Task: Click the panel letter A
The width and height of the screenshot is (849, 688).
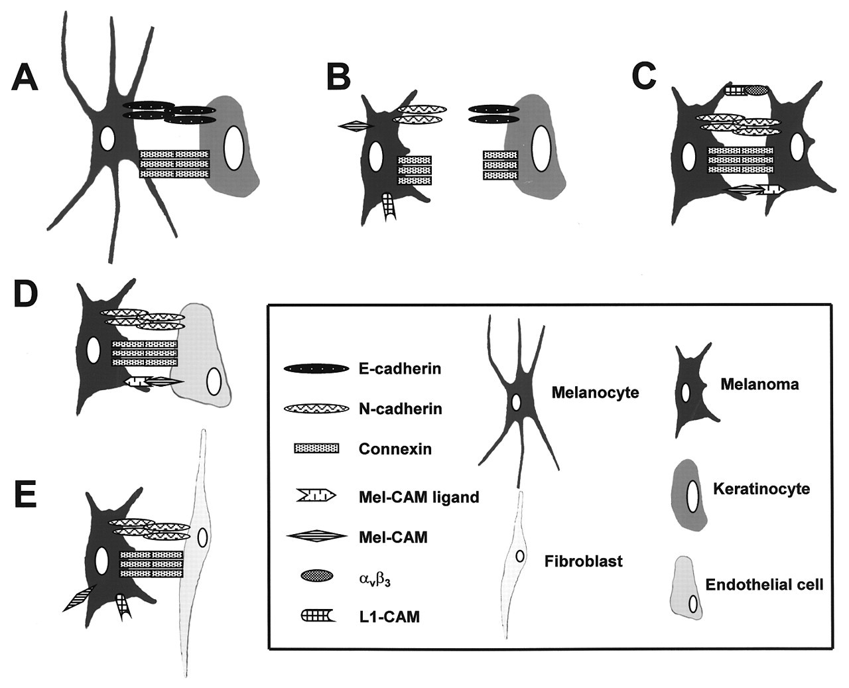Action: (25, 78)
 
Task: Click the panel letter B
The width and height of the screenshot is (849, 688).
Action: (338, 78)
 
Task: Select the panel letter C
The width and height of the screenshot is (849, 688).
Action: (645, 77)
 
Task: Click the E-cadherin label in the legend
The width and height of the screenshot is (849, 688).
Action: (400, 369)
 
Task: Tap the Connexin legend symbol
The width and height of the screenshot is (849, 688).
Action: (316, 448)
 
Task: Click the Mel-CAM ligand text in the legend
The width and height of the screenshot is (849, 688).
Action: (419, 498)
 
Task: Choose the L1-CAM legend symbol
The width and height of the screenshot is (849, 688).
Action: (318, 616)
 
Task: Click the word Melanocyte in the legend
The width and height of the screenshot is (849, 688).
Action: (595, 393)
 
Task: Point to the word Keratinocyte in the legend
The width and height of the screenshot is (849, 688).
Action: (761, 489)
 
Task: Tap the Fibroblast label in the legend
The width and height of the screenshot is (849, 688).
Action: (584, 562)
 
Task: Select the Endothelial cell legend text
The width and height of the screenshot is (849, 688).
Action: (764, 585)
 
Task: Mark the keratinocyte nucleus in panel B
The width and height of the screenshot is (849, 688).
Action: (541, 149)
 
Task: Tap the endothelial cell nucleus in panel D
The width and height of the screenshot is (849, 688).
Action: (214, 381)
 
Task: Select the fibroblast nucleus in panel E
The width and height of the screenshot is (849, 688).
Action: (202, 537)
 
